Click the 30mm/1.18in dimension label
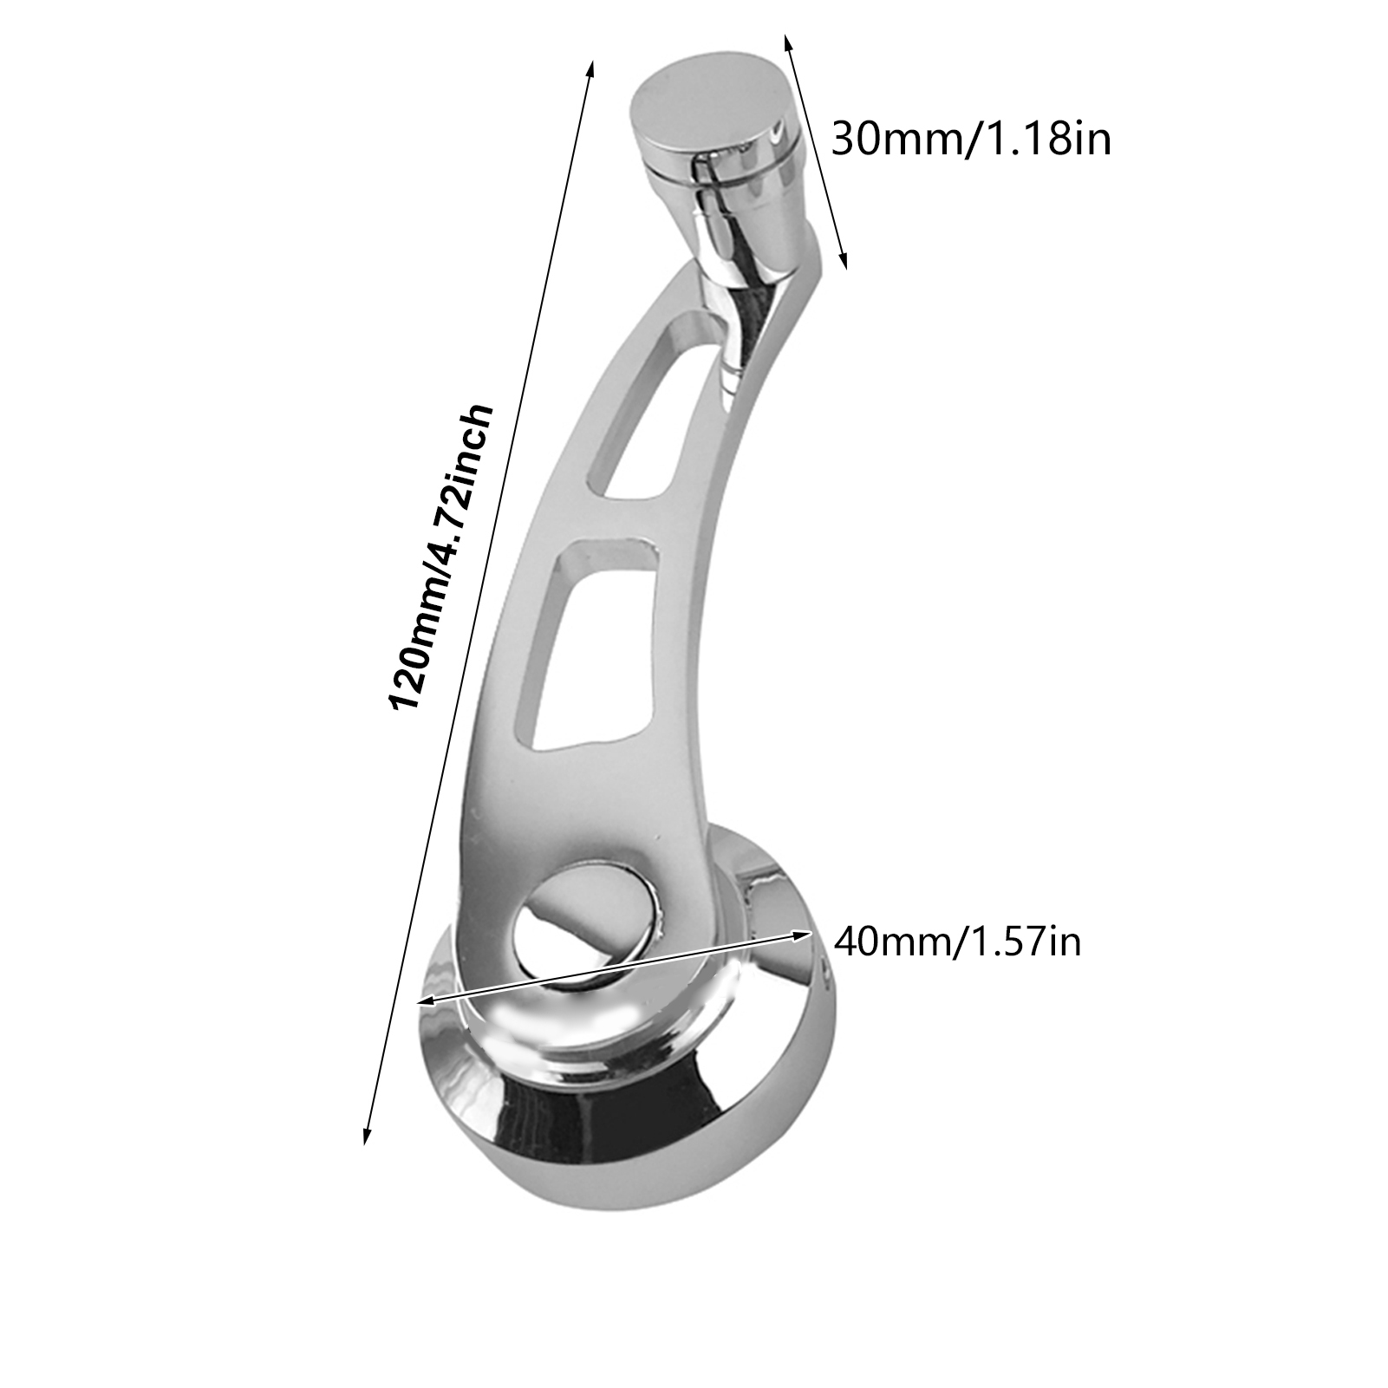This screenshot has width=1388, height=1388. click(971, 139)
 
